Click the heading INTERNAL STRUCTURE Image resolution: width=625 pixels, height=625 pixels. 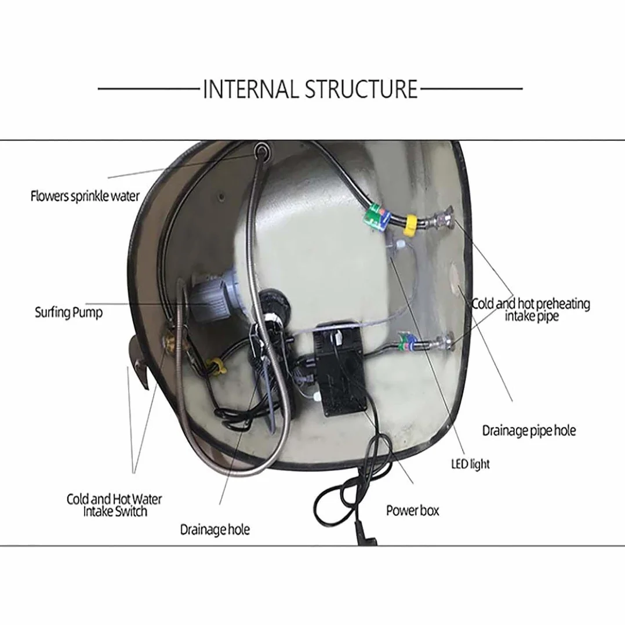310,89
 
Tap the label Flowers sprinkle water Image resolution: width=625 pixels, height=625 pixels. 85,196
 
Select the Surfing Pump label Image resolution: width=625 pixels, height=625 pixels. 68,312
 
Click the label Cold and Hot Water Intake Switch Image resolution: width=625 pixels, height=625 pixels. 114,505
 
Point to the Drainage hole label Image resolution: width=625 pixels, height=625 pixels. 215,530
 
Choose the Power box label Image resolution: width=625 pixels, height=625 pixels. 413,511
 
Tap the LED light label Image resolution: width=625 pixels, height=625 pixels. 470,464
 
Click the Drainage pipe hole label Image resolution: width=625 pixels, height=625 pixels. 529,431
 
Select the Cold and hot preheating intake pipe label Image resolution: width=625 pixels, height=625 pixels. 531,310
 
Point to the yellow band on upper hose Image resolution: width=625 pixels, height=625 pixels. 410,225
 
